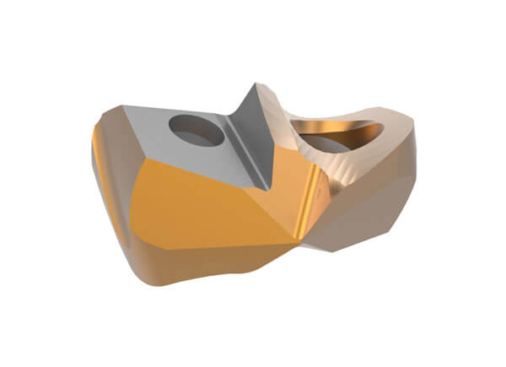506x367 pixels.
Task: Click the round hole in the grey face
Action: (196, 131)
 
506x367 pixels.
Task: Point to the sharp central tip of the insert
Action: (255, 84)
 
